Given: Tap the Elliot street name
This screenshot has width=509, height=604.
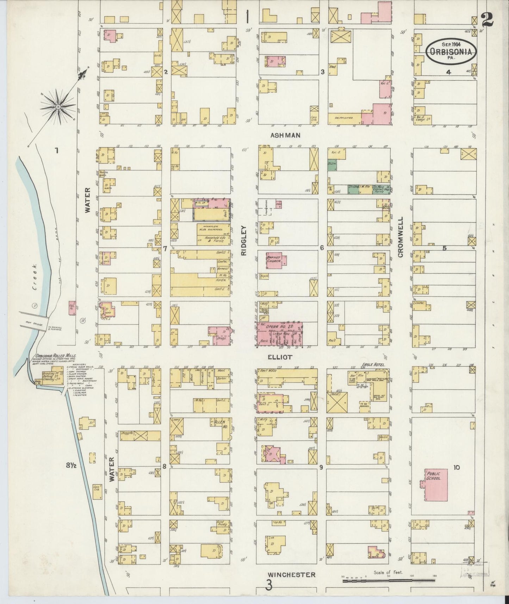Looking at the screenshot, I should [x=280, y=357].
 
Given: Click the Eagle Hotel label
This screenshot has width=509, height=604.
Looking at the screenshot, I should [x=370, y=365].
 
